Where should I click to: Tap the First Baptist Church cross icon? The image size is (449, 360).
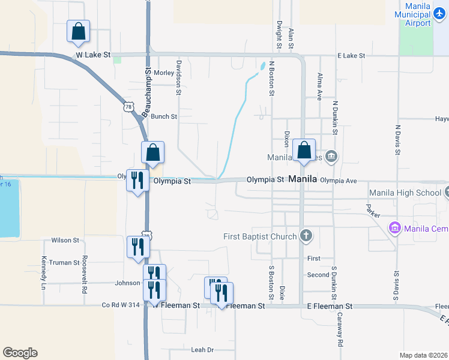(307, 235)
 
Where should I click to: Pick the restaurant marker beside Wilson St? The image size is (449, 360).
(138, 247)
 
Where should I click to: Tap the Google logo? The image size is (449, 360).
(20, 353)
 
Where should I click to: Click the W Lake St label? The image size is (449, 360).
(93, 55)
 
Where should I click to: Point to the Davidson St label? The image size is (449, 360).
(178, 77)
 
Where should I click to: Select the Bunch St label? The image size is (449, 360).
(164, 116)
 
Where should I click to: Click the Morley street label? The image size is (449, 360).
(164, 73)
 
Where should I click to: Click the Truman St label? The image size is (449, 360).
(64, 262)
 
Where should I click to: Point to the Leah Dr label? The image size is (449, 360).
(202, 350)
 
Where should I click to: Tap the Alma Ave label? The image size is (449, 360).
(319, 87)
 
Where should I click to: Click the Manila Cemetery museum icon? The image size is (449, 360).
(395, 228)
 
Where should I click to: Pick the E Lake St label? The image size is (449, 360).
(351, 55)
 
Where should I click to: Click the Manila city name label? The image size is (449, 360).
(303, 179)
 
